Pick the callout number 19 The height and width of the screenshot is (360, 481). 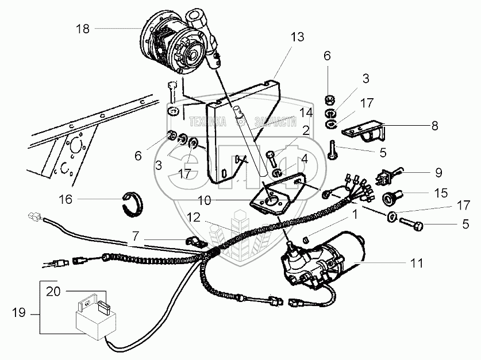click(x=18, y=313)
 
